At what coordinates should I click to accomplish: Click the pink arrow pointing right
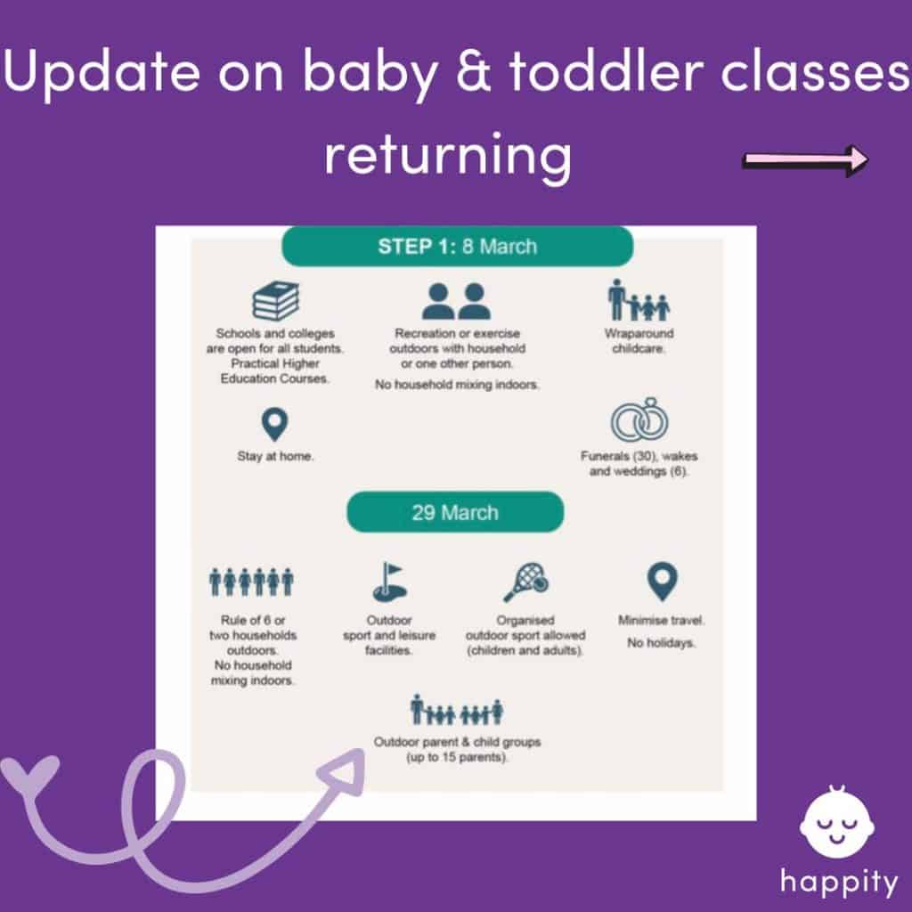point(805,159)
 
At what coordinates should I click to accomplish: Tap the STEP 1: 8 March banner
point(457,246)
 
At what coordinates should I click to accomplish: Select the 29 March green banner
point(455,512)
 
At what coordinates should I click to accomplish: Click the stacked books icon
point(276,300)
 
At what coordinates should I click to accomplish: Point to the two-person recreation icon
point(456,301)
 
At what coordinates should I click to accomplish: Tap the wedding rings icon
point(639,419)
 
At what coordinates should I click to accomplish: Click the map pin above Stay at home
point(274,424)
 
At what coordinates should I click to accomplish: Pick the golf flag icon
point(389,582)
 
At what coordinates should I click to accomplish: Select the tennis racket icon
point(525,582)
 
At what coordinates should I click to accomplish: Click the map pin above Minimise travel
point(662,581)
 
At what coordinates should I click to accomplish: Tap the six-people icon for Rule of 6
point(251,582)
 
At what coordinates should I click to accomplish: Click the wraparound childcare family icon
point(639,299)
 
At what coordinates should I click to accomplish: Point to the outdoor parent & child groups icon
point(457,710)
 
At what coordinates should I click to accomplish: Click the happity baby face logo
point(836,820)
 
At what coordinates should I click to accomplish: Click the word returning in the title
point(448,156)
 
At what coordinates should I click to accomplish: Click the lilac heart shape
point(30,774)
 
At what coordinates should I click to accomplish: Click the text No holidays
point(662,643)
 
